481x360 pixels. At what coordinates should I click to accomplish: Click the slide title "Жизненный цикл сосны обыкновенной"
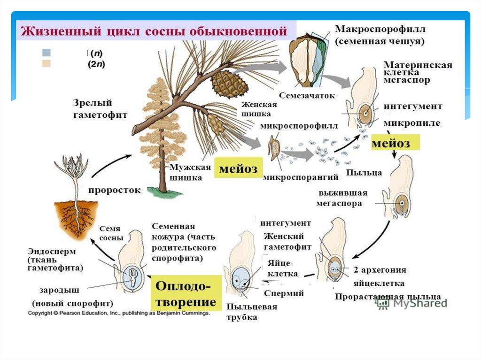(x=153, y=32)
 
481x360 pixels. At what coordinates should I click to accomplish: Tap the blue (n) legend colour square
(x=47, y=52)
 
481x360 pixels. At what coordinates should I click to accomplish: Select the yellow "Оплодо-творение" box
(x=183, y=293)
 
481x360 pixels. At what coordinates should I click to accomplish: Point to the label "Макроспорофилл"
(x=380, y=29)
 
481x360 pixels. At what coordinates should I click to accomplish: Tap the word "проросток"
(x=115, y=190)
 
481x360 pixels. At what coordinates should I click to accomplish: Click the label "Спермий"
(x=284, y=293)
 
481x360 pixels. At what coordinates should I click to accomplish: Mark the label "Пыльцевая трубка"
(x=251, y=312)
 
